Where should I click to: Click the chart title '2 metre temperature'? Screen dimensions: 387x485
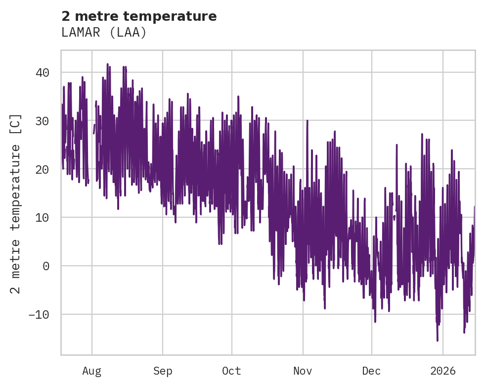pos(139,16)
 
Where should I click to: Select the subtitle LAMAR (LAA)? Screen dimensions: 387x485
pos(104,33)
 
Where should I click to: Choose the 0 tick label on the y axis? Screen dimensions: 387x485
pos(46,266)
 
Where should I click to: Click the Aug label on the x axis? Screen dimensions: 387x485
pos(91,371)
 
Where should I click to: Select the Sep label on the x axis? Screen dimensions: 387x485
pos(162,371)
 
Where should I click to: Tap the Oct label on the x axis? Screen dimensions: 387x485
pos(231,371)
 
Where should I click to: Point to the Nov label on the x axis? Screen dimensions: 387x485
pos(303,371)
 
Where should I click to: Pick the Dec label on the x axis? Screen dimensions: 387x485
pos(371,371)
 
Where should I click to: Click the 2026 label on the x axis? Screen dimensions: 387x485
pos(442,371)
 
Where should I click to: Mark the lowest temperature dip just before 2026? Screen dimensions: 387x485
pos(438,340)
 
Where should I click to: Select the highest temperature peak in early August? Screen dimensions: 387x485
pos(107,64)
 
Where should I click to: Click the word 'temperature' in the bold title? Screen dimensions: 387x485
pos(178,16)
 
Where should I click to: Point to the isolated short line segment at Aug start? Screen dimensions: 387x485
pos(94,129)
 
